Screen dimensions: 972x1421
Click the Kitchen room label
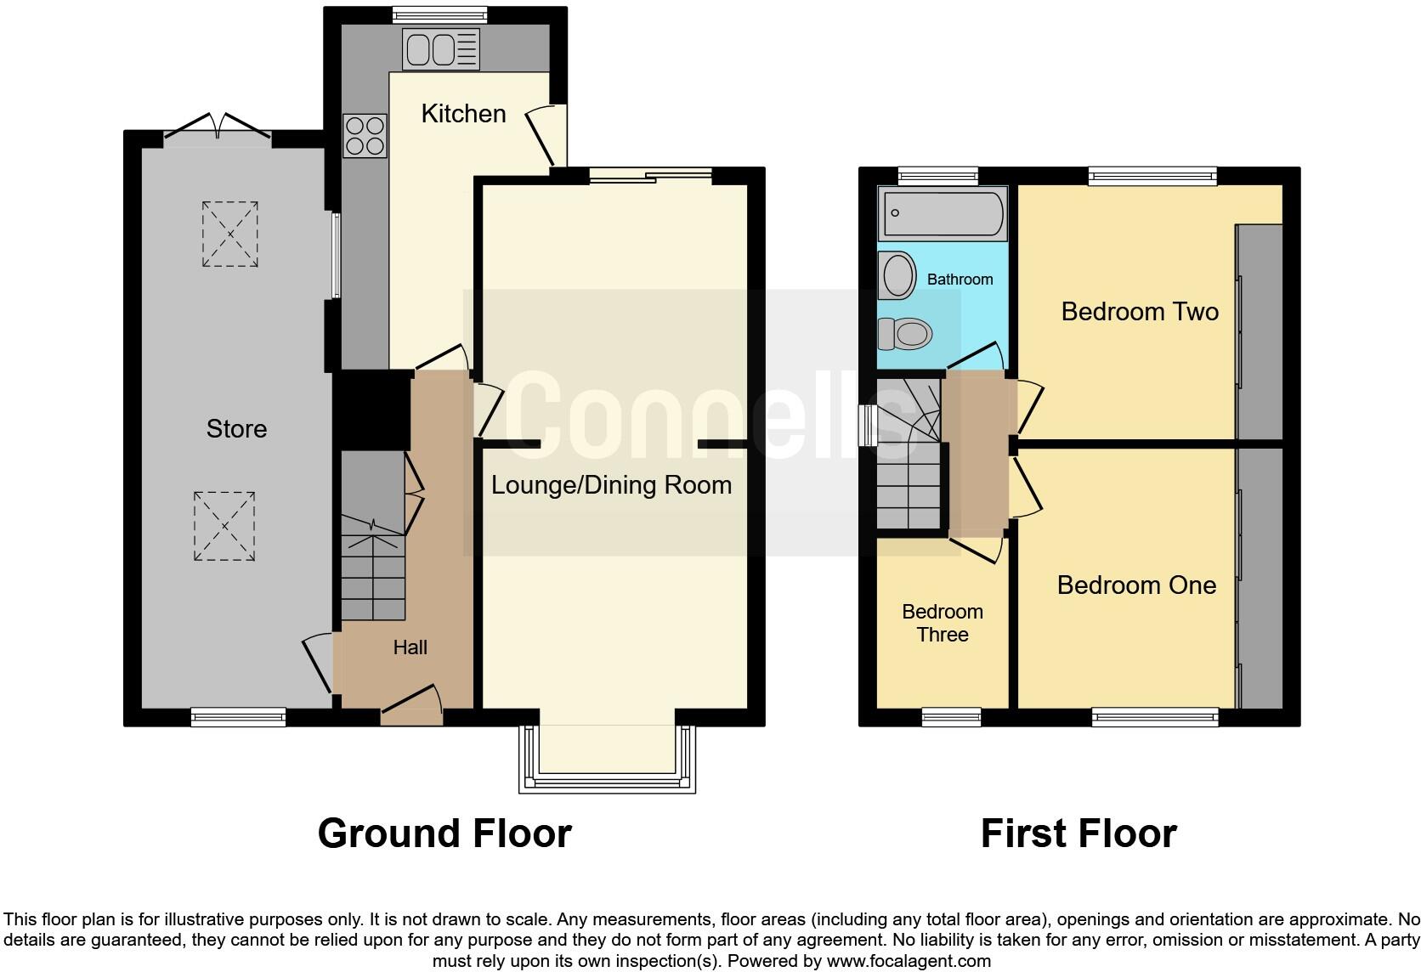point(463,114)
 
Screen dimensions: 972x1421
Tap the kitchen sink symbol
point(441,48)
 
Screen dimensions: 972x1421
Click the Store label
point(236,429)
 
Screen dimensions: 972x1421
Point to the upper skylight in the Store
point(229,234)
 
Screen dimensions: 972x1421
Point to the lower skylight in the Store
point(224,526)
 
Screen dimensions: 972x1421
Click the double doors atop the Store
point(218,127)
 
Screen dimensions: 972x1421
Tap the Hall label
point(410,647)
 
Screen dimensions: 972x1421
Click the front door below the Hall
point(412,707)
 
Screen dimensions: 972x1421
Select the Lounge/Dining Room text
point(611,485)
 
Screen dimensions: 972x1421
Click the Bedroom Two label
point(1139,312)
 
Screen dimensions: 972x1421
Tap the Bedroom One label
point(1135,585)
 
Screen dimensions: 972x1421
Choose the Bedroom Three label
point(942,623)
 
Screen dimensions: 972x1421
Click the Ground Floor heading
point(444,834)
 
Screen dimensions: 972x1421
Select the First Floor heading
point(1078,834)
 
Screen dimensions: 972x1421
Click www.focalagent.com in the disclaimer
point(909,961)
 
